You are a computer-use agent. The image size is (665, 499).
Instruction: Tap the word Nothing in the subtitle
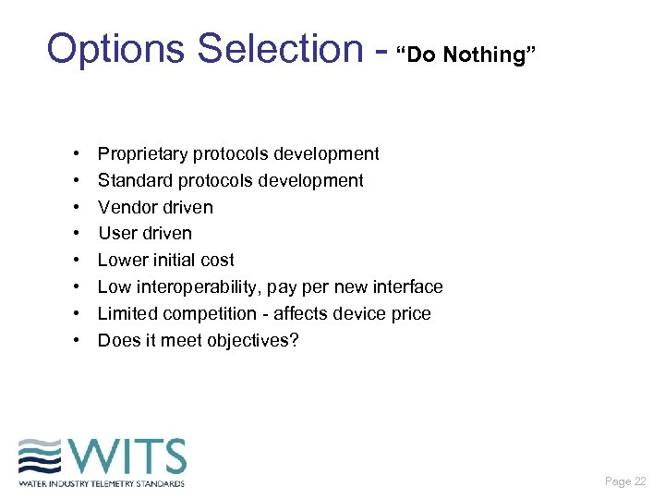[484, 55]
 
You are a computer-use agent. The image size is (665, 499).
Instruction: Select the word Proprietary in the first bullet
[142, 154]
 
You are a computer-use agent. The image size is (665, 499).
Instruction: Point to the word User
[117, 234]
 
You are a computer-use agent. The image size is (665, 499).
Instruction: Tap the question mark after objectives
[294, 341]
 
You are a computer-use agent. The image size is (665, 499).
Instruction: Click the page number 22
[639, 481]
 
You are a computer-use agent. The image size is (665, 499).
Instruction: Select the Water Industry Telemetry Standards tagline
[102, 483]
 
